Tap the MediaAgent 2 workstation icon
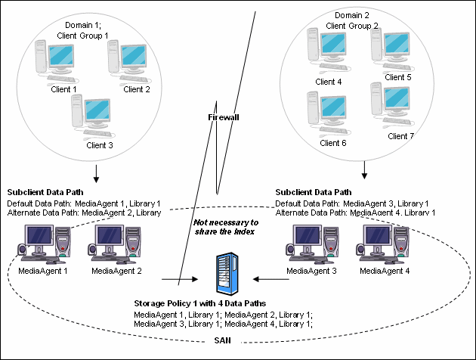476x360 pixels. point(113,241)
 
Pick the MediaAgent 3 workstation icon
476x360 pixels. point(308,241)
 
